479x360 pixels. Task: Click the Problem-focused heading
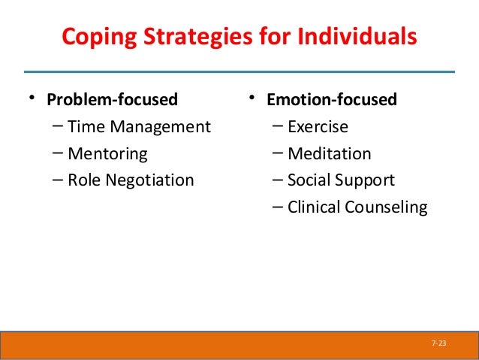coord(113,100)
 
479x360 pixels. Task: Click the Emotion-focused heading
coord(334,100)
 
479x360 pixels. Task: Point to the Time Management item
coord(139,127)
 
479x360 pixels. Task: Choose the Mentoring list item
coord(107,154)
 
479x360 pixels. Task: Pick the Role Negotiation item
coord(131,180)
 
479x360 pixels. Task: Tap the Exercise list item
coord(318,127)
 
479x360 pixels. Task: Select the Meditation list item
coord(329,154)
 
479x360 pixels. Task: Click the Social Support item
coord(340,180)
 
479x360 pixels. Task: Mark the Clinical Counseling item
coord(357,207)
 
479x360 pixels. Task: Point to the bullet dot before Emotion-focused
coord(254,98)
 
